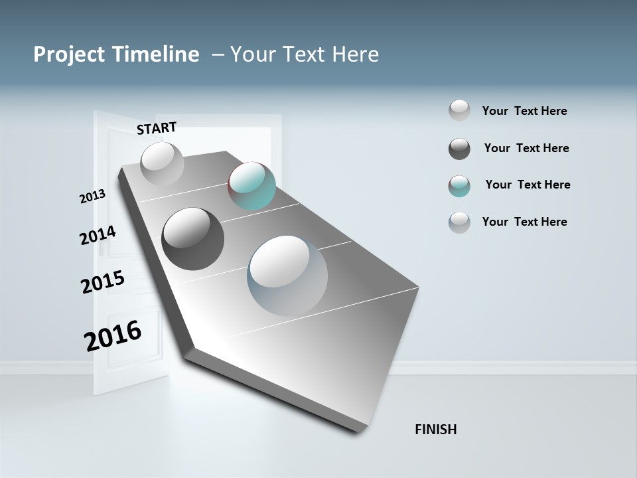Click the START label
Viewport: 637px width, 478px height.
(x=157, y=128)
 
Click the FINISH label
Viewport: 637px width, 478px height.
(x=435, y=430)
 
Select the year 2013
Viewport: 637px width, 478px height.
(x=93, y=197)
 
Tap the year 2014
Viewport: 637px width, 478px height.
(x=98, y=235)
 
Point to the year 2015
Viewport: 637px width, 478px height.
(x=103, y=281)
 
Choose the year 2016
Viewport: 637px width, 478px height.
(x=113, y=336)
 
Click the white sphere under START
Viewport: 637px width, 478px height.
(x=162, y=163)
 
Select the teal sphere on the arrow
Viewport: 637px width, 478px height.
(x=251, y=186)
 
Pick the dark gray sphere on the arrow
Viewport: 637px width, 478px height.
(x=192, y=239)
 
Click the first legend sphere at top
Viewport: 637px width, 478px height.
(x=459, y=110)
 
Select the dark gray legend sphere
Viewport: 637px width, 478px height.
(x=459, y=149)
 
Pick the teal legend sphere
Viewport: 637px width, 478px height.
(x=459, y=186)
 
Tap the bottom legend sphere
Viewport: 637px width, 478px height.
(x=459, y=222)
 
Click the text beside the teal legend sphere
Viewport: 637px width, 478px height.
(x=528, y=185)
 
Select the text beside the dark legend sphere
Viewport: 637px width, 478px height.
(x=526, y=148)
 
